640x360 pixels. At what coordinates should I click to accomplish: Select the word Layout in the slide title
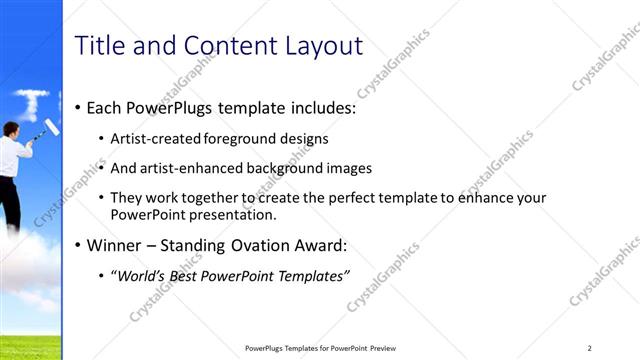click(320, 45)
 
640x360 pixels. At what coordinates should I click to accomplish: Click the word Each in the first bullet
click(105, 107)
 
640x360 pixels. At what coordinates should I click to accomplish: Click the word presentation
click(236, 214)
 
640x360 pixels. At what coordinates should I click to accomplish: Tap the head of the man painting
click(10, 128)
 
